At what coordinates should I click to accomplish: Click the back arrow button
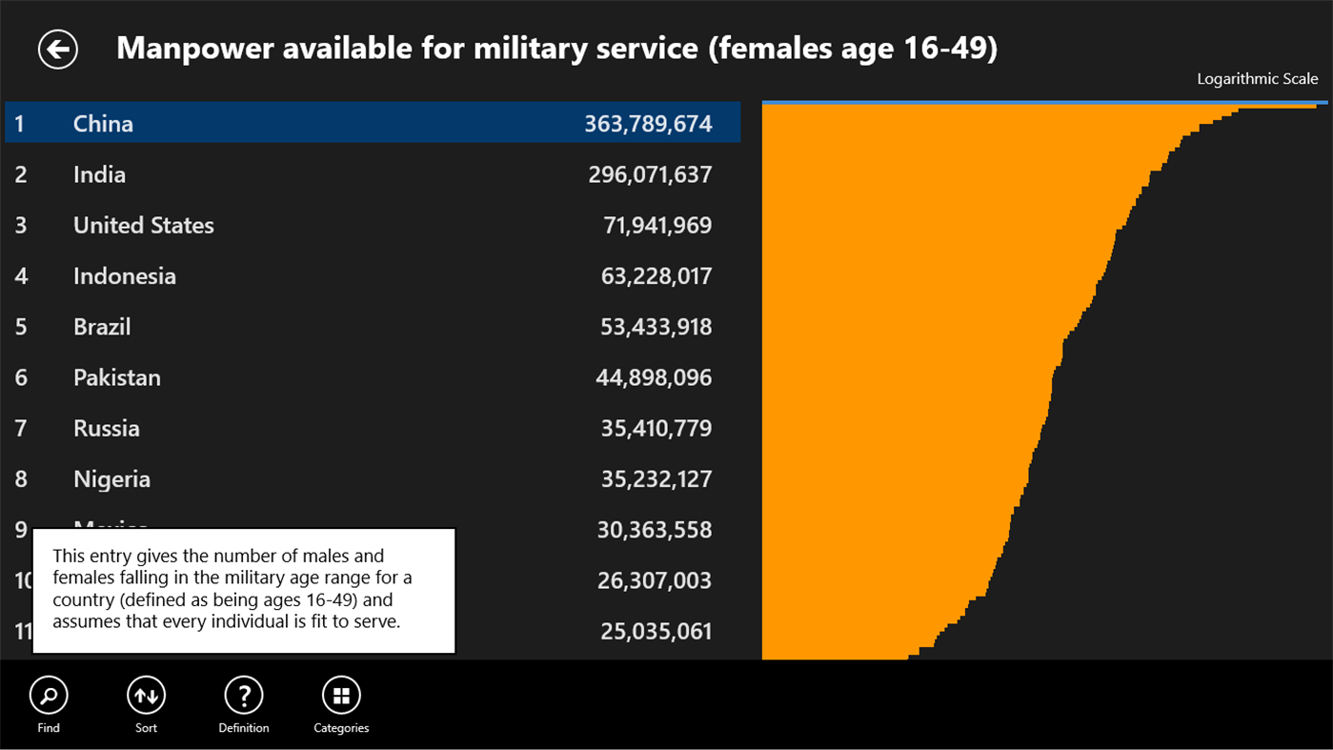[58, 50]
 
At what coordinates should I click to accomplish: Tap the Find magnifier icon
[49, 696]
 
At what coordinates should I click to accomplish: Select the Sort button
[146, 696]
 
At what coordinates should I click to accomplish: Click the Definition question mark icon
[244, 696]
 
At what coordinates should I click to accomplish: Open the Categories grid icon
[341, 696]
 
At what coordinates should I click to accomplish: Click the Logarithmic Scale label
[1257, 79]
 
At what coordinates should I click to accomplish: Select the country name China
[103, 124]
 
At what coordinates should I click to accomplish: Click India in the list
[99, 174]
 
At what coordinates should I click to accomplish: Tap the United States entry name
[143, 225]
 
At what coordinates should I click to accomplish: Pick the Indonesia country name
[124, 276]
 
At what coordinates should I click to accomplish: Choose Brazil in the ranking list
[102, 327]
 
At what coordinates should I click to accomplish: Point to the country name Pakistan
[116, 377]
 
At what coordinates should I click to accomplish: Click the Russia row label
[106, 428]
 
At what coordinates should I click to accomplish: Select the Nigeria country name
[111, 479]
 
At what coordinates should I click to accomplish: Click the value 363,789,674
[648, 124]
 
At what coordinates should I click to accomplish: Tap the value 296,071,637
[650, 174]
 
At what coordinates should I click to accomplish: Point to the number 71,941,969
[657, 225]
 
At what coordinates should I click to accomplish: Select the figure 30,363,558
[655, 530]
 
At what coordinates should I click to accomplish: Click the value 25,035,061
[656, 631]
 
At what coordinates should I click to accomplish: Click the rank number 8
[21, 479]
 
